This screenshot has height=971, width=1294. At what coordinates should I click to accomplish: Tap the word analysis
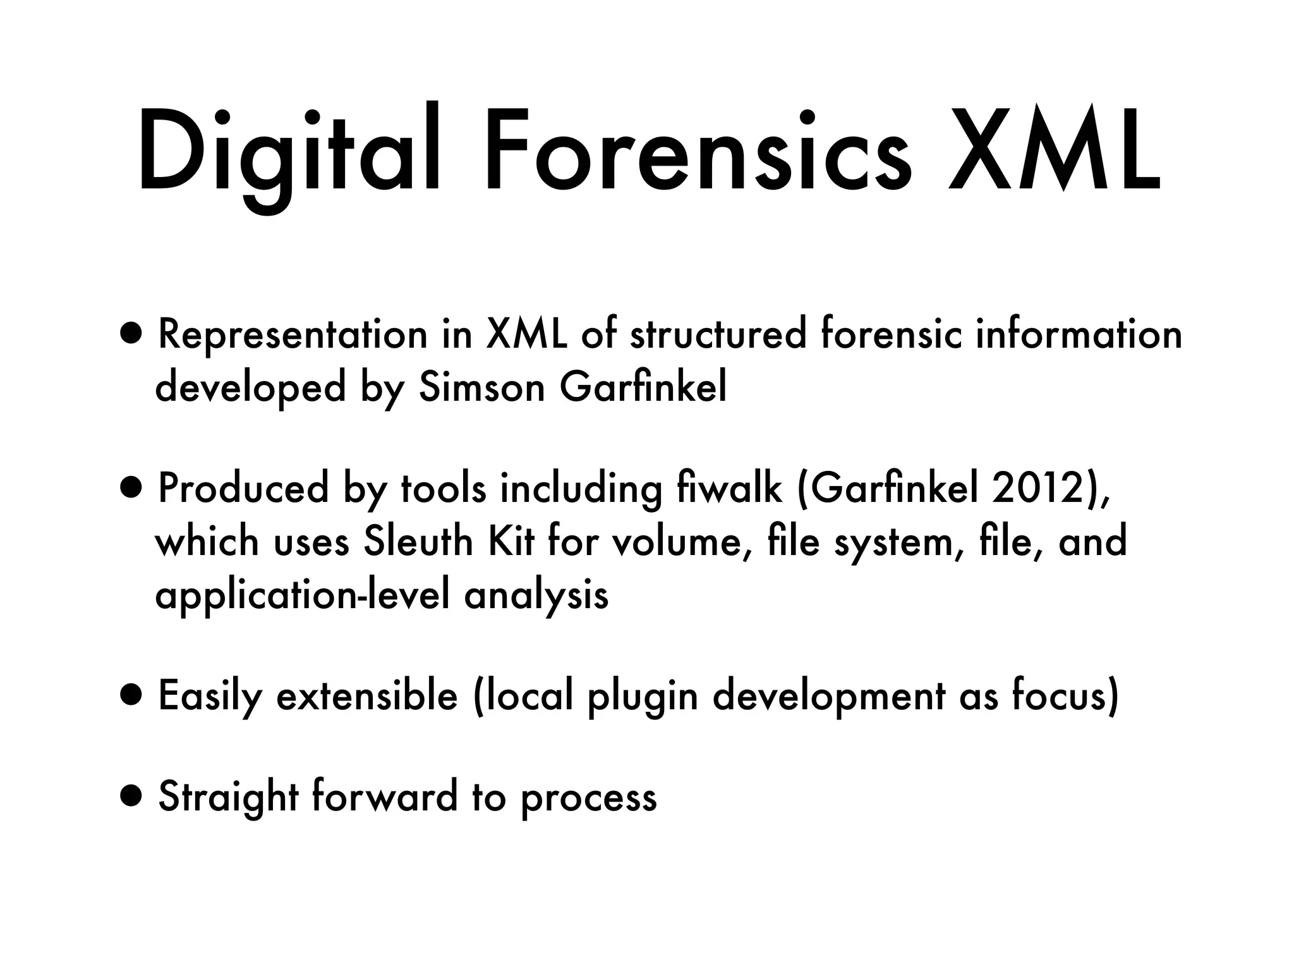536,595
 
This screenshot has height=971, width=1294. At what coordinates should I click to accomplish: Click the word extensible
367,696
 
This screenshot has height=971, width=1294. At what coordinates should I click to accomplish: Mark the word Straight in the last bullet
228,798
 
